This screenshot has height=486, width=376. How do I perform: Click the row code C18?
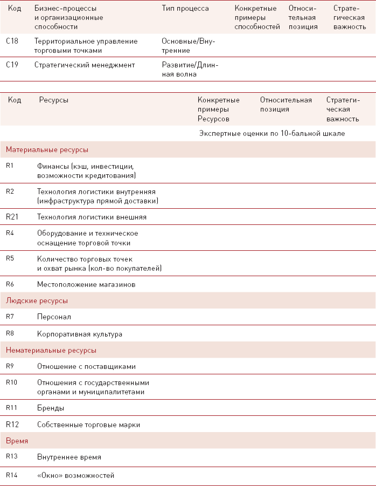pyautogui.click(x=12, y=41)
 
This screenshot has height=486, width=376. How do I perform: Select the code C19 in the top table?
pyautogui.click(x=12, y=65)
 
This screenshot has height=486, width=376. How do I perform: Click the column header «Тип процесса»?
pyautogui.click(x=185, y=9)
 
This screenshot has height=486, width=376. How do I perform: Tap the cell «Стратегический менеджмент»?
pyautogui.click(x=85, y=65)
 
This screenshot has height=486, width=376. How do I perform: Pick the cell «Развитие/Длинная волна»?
pyautogui.click(x=190, y=70)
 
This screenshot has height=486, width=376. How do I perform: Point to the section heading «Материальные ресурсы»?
pyautogui.click(x=47, y=149)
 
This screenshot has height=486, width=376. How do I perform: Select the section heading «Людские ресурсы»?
pyautogui.click(x=37, y=300)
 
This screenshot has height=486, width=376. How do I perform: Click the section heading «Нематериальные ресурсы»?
pyautogui.click(x=51, y=350)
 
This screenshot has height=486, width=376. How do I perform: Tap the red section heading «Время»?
pyautogui.click(x=17, y=441)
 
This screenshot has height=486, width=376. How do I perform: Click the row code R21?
pyautogui.click(x=12, y=216)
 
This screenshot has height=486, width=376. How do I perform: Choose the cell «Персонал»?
pyautogui.click(x=54, y=317)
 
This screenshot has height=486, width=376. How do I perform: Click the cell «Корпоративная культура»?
pyautogui.click(x=80, y=334)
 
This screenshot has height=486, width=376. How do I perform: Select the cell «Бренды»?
pyautogui.click(x=51, y=408)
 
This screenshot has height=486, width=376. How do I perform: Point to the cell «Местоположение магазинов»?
pyautogui.click(x=86, y=284)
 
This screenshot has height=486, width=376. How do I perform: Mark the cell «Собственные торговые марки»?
pyautogui.click(x=88, y=425)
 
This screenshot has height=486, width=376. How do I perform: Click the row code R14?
pyautogui.click(x=12, y=475)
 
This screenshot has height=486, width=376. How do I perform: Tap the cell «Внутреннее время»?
pyautogui.click(x=69, y=457)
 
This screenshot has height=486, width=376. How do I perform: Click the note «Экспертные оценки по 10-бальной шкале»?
pyautogui.click(x=271, y=133)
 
